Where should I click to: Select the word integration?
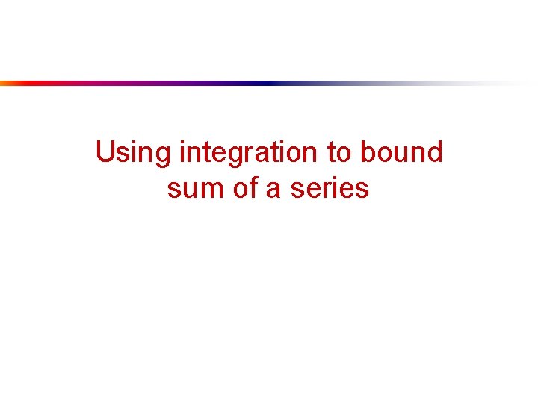[x=250, y=153]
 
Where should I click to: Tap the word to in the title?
[x=340, y=153]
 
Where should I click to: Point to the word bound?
[x=401, y=153]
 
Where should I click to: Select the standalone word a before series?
[x=272, y=190]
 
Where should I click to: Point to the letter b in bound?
[x=367, y=153]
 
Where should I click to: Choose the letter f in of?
[x=253, y=187]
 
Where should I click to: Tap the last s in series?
[x=362, y=190]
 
